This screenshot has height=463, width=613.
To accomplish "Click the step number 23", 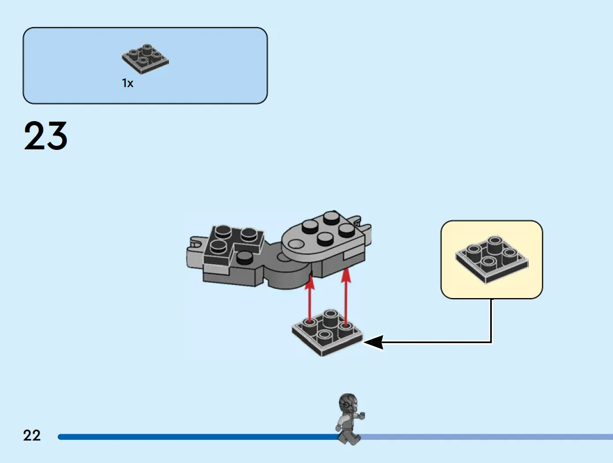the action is pyautogui.click(x=46, y=135).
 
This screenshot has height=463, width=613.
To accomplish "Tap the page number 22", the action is pyautogui.click(x=32, y=435).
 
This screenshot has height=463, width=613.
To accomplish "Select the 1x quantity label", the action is pyautogui.click(x=127, y=83).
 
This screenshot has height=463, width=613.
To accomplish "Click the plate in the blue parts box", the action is pyautogui.click(x=145, y=58).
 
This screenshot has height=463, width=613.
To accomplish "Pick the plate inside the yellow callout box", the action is pyautogui.click(x=492, y=259).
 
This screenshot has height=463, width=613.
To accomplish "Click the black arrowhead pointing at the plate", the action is pyautogui.click(x=373, y=342).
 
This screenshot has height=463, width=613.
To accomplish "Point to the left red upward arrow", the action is pyautogui.click(x=310, y=299).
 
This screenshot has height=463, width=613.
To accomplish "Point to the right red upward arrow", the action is pyautogui.click(x=345, y=296).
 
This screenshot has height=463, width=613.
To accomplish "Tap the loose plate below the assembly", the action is pyautogui.click(x=328, y=332).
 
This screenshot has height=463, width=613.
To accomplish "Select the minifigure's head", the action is pyautogui.click(x=348, y=403).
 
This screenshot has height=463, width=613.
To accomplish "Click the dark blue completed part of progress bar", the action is pyautogui.click(x=198, y=437).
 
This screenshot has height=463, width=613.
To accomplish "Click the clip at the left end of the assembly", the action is pyautogui.click(x=194, y=250).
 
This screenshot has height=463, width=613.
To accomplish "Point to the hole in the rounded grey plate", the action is pyautogui.click(x=297, y=244).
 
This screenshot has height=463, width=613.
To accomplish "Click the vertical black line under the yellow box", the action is pyautogui.click(x=491, y=321).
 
